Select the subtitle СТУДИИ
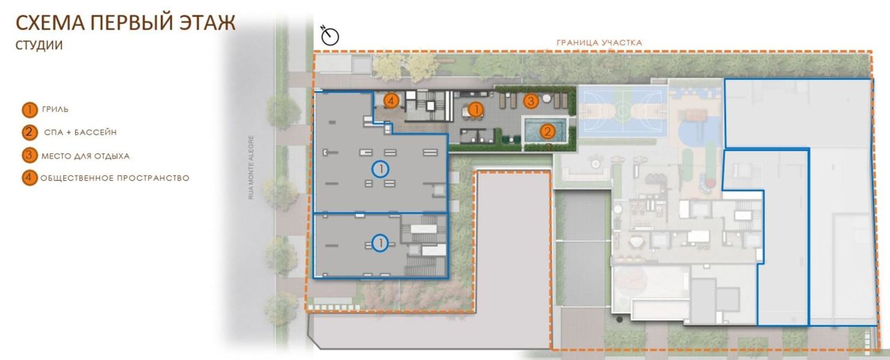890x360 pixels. click(x=40, y=46)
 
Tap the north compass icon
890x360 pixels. click(x=329, y=35)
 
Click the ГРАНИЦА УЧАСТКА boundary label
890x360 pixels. click(x=599, y=42)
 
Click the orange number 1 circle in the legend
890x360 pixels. click(x=29, y=109)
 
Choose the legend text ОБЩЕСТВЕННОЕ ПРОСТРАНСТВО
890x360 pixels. click(x=115, y=178)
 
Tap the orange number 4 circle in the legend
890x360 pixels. click(x=29, y=178)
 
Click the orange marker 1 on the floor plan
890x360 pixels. click(x=476, y=109)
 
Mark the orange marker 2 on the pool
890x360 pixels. click(x=547, y=130)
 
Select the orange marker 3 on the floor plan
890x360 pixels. click(x=531, y=101)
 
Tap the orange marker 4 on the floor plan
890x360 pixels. click(x=392, y=101)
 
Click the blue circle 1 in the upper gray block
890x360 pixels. click(x=380, y=168)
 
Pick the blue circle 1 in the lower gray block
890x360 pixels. click(x=380, y=243)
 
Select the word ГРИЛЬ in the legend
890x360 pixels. click(x=56, y=109)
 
